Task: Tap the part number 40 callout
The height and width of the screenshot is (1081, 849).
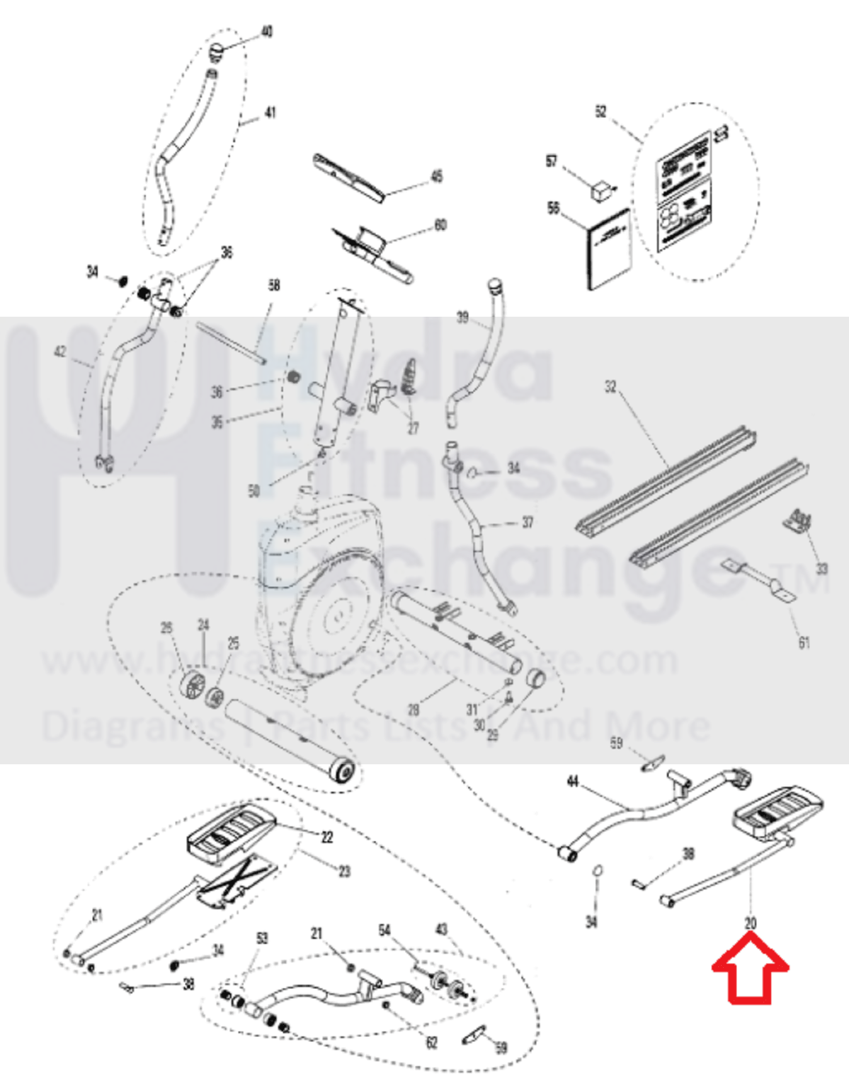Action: pyautogui.click(x=267, y=32)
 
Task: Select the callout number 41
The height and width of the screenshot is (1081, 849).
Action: pyautogui.click(x=270, y=112)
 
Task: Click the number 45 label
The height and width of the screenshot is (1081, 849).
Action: pyautogui.click(x=437, y=176)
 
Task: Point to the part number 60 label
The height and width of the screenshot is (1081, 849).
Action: pyautogui.click(x=440, y=225)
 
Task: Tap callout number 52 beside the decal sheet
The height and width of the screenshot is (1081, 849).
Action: pyautogui.click(x=600, y=112)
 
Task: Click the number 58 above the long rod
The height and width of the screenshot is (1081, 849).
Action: pyautogui.click(x=274, y=285)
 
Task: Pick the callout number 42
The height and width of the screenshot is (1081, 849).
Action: pyautogui.click(x=60, y=352)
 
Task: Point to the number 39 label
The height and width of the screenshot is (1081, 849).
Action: pyautogui.click(x=462, y=318)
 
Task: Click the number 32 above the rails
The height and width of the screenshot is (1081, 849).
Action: pyautogui.click(x=610, y=386)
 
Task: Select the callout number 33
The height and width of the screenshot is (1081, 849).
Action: pyautogui.click(x=821, y=568)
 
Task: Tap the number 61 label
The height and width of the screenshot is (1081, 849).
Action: pyautogui.click(x=804, y=642)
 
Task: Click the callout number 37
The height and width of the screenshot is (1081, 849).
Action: pyautogui.click(x=528, y=523)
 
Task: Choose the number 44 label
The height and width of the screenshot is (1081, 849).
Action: pyautogui.click(x=573, y=781)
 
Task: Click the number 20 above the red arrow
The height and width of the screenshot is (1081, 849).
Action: pyautogui.click(x=751, y=923)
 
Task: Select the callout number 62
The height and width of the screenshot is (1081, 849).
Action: pyautogui.click(x=432, y=1043)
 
